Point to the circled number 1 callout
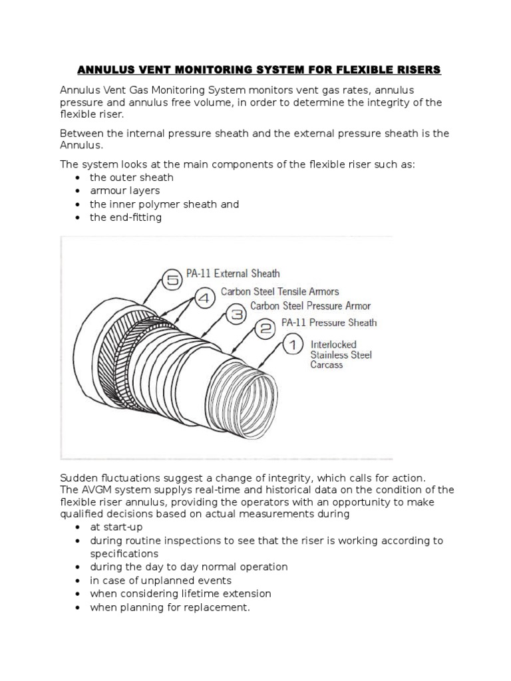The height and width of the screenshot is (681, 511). (293, 344)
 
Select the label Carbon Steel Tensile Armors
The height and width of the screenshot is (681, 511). (279, 291)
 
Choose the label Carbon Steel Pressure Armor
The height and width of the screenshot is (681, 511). (310, 306)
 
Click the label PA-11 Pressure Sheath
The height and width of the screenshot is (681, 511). (329, 323)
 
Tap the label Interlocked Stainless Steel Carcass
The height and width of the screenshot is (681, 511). (341, 354)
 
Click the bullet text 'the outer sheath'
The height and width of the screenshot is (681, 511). (132, 178)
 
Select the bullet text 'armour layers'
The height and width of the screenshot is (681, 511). (125, 191)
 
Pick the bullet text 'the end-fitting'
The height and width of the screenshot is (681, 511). (126, 217)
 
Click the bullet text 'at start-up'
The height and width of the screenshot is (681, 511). (116, 527)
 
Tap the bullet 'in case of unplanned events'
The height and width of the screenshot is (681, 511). (160, 581)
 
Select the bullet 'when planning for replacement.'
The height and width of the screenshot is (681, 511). (170, 607)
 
